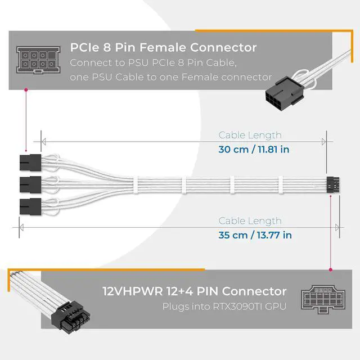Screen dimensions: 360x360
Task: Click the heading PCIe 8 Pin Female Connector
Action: [163, 48]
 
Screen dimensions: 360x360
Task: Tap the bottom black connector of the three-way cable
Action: [30, 204]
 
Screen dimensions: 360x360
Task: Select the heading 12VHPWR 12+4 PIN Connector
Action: [194, 291]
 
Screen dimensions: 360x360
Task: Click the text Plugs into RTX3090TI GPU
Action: [224, 307]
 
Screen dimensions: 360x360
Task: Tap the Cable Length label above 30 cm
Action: [250, 135]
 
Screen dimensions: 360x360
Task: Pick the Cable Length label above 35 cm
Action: [250, 221]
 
